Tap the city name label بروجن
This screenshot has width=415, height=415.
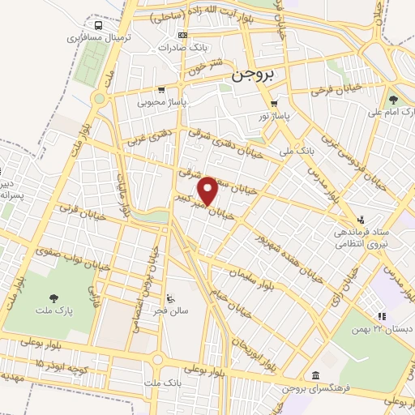(x=250, y=75)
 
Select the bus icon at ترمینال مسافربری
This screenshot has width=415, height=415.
(x=98, y=24)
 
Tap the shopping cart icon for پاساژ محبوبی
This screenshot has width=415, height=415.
(x=162, y=90)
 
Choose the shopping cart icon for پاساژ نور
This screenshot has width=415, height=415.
(x=274, y=104)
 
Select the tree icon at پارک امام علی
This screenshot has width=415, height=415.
(x=393, y=101)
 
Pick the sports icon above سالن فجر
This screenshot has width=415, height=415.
(x=170, y=295)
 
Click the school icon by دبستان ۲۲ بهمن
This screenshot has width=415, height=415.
(x=381, y=316)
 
